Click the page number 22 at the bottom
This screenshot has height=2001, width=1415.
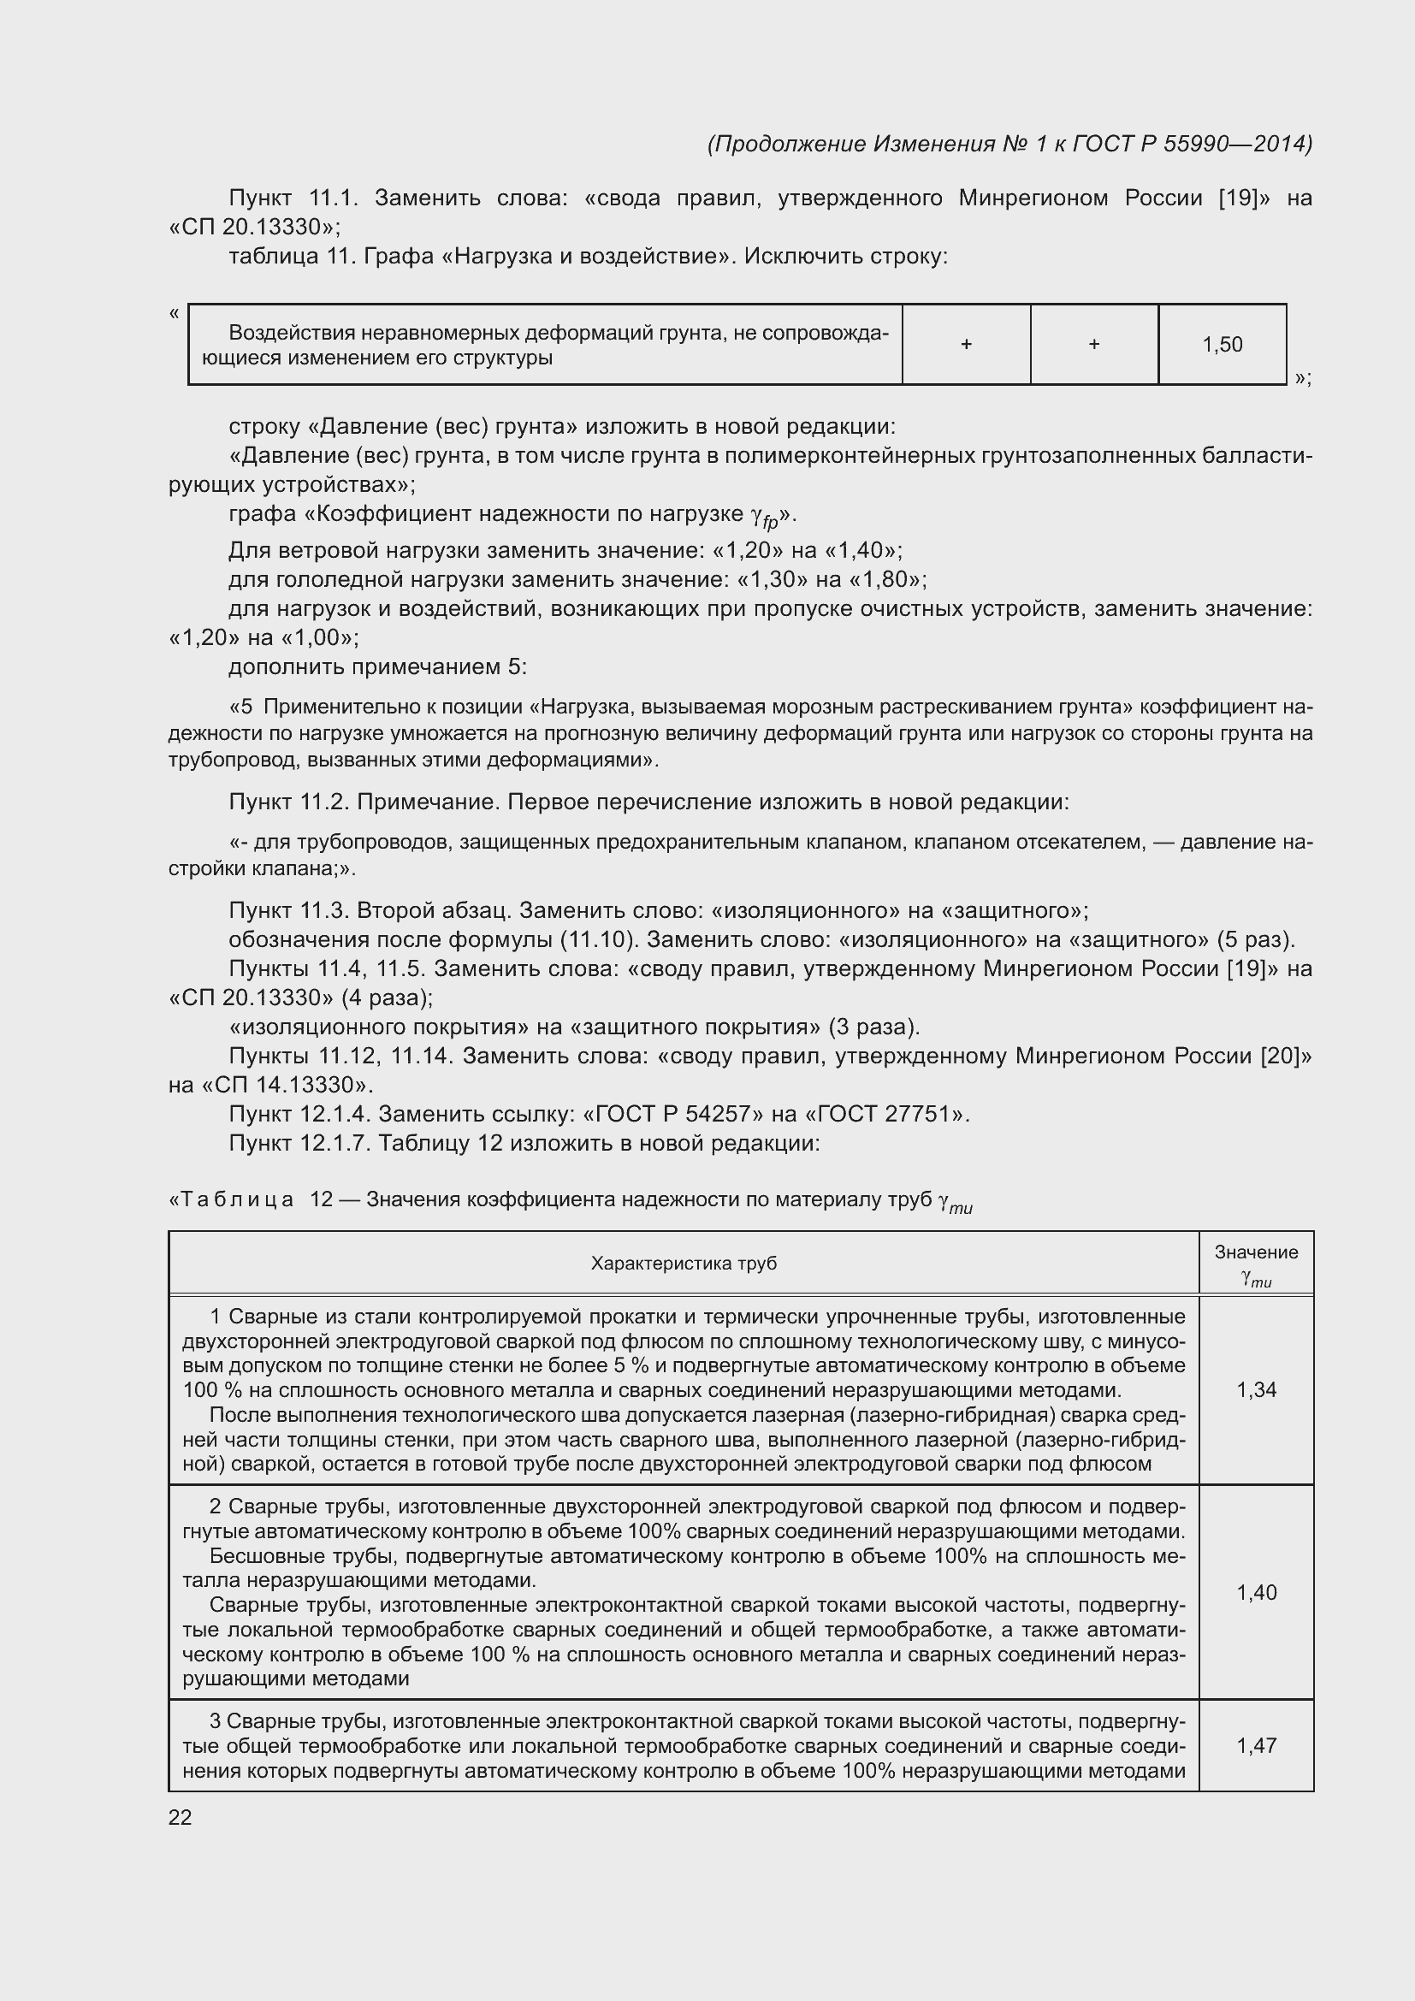(x=180, y=1817)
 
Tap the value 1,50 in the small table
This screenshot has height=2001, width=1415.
(x=1222, y=344)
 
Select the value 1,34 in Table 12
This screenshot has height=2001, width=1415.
(x=1256, y=1390)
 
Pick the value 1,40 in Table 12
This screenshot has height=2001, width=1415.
(x=1256, y=1592)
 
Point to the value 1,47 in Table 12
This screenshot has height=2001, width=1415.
(x=1256, y=1746)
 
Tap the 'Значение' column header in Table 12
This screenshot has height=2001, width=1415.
(x=1256, y=1252)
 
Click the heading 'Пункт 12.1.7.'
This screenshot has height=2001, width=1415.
(x=299, y=1143)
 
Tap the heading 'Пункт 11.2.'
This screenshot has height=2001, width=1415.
(x=288, y=802)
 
